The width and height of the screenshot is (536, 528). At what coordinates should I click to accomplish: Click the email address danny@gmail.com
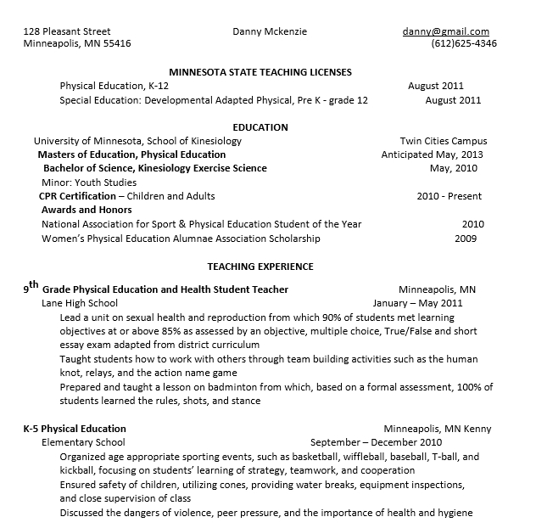click(x=445, y=31)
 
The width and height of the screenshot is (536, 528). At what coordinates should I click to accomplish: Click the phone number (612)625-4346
click(x=463, y=44)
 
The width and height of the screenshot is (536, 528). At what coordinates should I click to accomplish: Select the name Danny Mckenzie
click(x=270, y=31)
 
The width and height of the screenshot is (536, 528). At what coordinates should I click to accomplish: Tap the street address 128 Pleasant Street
click(x=67, y=31)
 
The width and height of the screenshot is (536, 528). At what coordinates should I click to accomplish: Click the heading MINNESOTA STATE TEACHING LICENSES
click(x=260, y=72)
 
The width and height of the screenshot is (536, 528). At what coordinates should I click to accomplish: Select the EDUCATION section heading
click(x=260, y=127)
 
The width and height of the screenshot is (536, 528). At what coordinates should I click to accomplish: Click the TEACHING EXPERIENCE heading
click(x=260, y=266)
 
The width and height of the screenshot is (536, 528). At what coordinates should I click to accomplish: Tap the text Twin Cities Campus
click(x=443, y=141)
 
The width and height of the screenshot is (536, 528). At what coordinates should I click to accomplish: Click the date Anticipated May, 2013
click(x=432, y=154)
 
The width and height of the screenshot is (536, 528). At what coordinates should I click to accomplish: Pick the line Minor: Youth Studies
click(x=89, y=182)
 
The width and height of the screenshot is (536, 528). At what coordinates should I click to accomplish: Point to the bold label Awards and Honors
click(x=87, y=210)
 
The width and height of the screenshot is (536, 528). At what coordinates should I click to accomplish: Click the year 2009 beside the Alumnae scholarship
click(x=466, y=239)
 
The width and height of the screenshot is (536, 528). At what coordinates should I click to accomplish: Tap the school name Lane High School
click(x=80, y=302)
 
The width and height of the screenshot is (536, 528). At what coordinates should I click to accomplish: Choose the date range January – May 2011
click(x=417, y=302)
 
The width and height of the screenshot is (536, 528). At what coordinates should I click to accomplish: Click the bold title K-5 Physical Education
click(x=75, y=429)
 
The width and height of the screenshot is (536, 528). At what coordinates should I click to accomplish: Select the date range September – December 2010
click(x=376, y=442)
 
